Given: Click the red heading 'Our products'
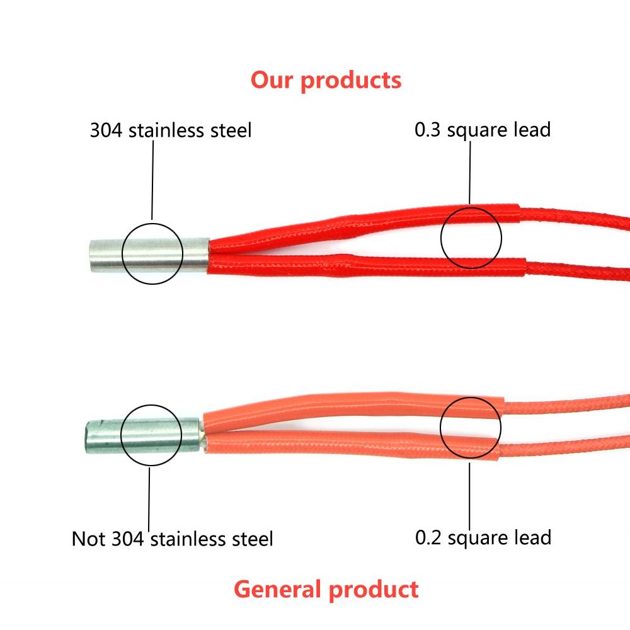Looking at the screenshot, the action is click(x=326, y=81).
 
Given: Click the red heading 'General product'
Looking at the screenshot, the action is click(x=326, y=590).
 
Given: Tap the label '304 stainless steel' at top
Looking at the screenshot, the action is click(x=171, y=130).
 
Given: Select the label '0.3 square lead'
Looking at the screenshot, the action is click(x=483, y=130).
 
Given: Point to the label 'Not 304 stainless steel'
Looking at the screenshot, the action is click(x=173, y=539).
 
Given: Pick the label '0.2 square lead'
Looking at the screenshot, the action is click(x=483, y=538).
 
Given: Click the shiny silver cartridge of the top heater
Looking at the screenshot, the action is click(x=149, y=255).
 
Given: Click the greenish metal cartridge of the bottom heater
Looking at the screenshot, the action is click(x=143, y=436).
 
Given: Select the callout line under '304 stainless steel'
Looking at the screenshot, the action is click(x=152, y=180).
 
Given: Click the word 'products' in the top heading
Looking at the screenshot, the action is click(x=351, y=81).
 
